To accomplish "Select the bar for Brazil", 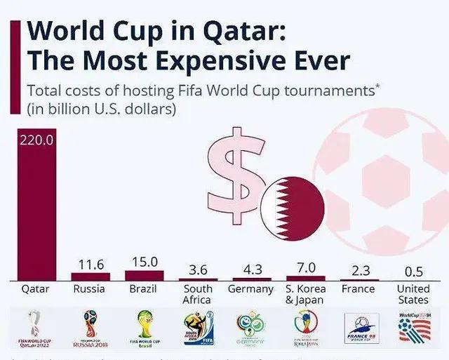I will click(144, 275).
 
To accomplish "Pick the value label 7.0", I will click(306, 267).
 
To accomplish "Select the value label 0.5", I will click(413, 272).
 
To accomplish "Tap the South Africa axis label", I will click(197, 294).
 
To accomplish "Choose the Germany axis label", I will click(250, 289).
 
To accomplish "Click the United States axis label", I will click(413, 294).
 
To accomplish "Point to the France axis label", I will click(358, 288).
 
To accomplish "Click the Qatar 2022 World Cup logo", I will click(36, 327).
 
